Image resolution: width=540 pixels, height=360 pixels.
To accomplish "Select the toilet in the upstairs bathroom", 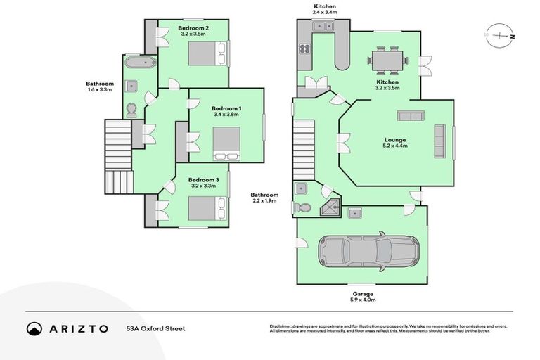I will tap(131, 110).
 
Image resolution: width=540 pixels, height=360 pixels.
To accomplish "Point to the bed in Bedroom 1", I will tap(226, 143).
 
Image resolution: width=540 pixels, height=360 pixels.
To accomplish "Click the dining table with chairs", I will tap(387, 60).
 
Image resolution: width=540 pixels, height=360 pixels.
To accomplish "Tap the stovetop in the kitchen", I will tap(306, 49).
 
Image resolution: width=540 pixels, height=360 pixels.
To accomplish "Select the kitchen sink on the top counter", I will tap(323, 26).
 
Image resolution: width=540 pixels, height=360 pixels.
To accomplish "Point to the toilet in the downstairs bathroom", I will tap(303, 208).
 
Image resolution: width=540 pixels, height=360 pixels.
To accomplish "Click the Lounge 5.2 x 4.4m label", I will tap(394, 143).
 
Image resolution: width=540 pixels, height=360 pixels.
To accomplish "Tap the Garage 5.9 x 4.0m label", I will tap(363, 297).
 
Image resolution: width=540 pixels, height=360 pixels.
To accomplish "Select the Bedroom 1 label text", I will tap(226, 108).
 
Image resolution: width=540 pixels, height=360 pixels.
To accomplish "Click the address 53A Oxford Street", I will tap(155, 328).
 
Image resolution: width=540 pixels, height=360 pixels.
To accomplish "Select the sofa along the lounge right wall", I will tap(439, 141).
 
